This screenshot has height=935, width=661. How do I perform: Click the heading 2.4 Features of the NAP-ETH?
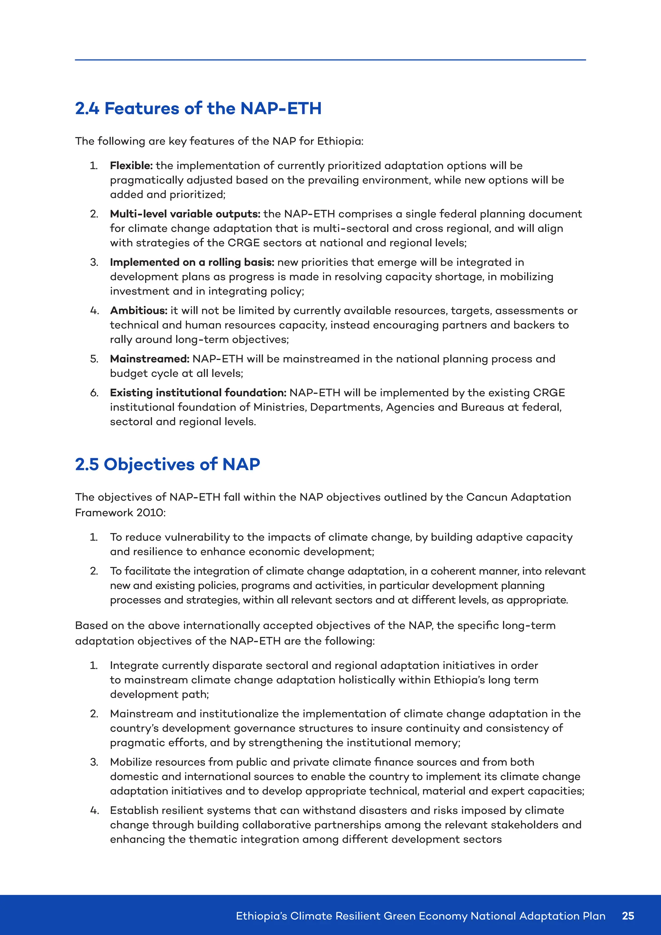[198, 109]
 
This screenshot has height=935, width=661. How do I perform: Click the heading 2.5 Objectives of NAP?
[167, 465]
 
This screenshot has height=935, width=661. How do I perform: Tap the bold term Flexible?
[131, 166]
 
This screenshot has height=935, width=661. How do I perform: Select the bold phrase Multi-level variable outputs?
[185, 214]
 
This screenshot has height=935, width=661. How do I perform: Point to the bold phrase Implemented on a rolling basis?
[192, 262]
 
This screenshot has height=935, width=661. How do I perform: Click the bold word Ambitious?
[138, 311]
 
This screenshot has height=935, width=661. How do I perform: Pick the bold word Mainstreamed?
[149, 359]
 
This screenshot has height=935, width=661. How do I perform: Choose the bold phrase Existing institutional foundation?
[198, 393]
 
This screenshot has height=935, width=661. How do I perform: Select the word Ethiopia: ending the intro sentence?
[340, 141]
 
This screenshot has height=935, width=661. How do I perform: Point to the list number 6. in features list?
[94, 393]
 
